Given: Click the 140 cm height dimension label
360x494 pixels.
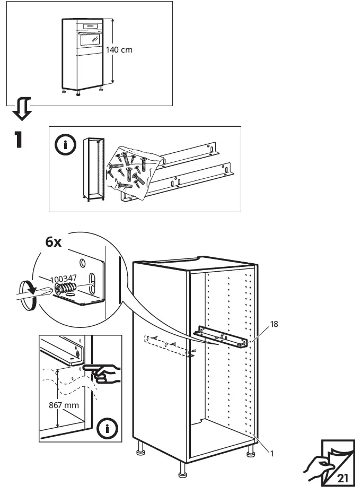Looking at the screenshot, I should coord(119,50).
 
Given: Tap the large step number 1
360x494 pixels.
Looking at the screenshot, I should coord(19,139).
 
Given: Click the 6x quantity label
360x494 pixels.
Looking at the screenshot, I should coord(54,242).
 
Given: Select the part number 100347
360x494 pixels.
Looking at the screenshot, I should coord(64,278).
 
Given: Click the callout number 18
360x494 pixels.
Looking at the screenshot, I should coord(274,323).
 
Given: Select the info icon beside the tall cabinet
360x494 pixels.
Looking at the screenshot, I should coord(66,145).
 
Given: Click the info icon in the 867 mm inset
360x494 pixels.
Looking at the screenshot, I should coord(108,428).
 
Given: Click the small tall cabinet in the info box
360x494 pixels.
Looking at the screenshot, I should coord(91,170).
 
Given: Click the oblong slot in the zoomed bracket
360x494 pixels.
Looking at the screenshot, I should coord(92,282).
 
